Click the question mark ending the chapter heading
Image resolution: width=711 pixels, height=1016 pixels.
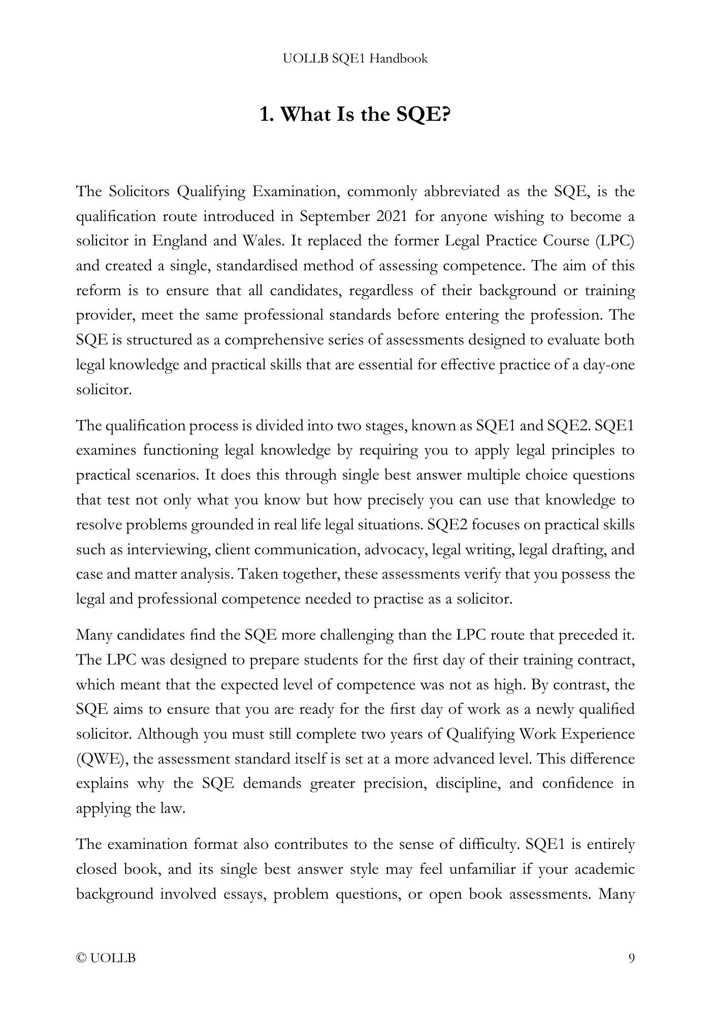click(445, 115)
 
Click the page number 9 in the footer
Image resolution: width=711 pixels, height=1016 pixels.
click(631, 959)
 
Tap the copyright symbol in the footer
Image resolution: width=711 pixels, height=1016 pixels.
click(81, 959)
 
